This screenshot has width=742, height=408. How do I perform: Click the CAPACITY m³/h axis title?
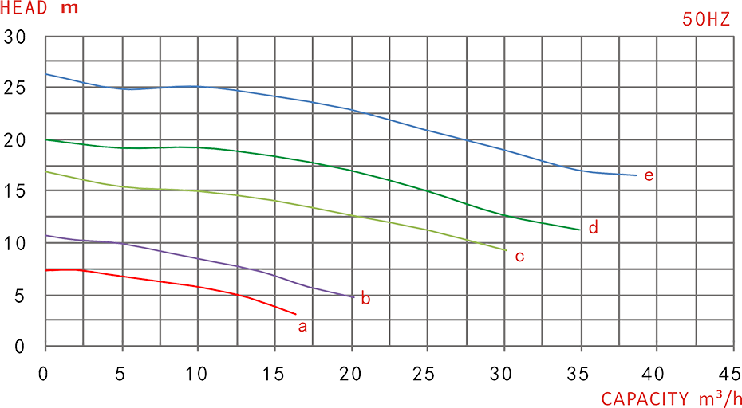click(671, 398)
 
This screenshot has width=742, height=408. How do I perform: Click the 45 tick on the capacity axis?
click(729, 374)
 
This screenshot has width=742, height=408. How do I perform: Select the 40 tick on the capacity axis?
click(653, 374)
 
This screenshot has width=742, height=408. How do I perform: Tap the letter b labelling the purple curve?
click(365, 300)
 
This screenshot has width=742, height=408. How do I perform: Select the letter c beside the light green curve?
click(519, 257)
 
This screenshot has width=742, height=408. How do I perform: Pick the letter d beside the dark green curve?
click(593, 229)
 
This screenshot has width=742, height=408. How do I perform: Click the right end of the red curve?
click(295, 314)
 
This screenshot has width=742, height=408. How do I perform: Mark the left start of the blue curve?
click(47, 74)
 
